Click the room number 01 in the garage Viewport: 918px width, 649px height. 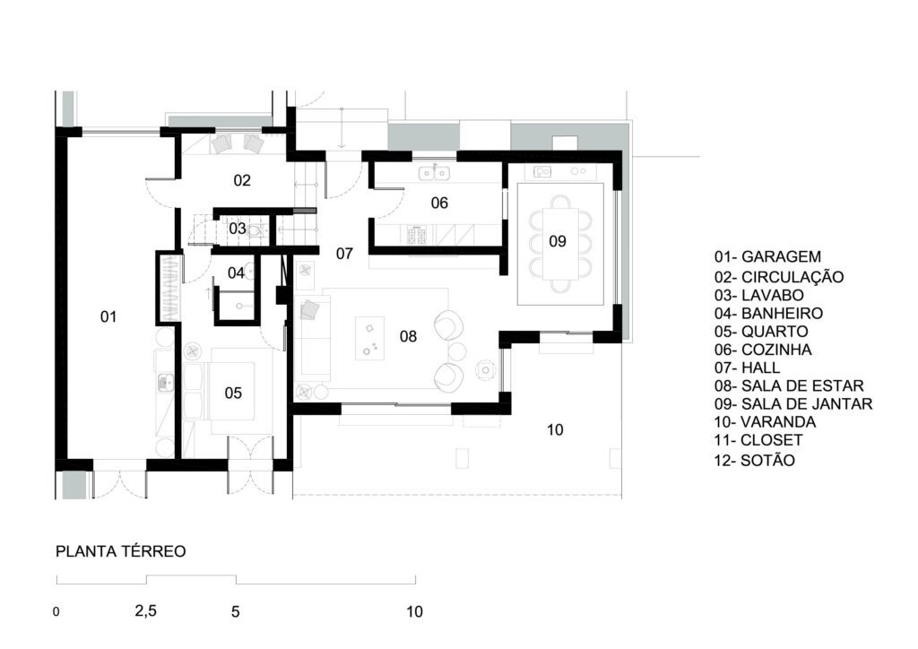click(108, 316)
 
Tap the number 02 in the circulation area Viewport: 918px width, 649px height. click(242, 180)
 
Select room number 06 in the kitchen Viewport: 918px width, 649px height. click(439, 203)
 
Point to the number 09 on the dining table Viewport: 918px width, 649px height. click(558, 241)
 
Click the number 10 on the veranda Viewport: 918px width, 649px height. click(555, 430)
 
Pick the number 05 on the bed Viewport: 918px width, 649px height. click(233, 393)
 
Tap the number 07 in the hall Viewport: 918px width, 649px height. click(344, 254)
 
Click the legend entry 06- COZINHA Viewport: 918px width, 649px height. click(763, 350)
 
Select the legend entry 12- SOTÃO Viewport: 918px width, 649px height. click(755, 461)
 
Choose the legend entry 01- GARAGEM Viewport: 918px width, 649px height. click(767, 256)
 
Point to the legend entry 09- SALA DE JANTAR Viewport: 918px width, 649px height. click(793, 403)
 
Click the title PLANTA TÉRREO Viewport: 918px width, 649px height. click(121, 551)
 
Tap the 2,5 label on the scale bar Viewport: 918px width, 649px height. click(146, 611)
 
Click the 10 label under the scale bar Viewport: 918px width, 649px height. click(414, 611)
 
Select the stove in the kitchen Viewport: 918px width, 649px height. click(418, 236)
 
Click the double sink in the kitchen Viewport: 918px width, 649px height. click(434, 173)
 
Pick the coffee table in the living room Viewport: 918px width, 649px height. click(370, 338)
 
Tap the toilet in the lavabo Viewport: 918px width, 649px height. click(255, 231)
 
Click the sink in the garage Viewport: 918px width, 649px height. click(166, 383)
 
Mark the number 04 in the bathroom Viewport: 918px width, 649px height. click(236, 273)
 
